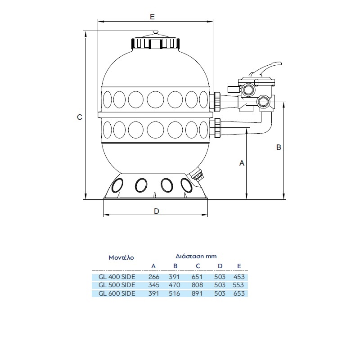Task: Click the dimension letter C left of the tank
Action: pos(79,117)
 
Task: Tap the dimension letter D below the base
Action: pos(156,211)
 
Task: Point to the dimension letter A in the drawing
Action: pos(242,163)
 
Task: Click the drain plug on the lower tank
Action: pos(198,175)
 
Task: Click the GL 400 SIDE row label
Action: pos(117,277)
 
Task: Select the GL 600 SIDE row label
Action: pos(117,293)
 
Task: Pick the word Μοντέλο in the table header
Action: pos(121,258)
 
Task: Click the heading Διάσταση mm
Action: pos(196,256)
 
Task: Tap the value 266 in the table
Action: pos(154,277)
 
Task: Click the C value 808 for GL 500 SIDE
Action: pos(198,285)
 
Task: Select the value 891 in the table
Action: pos(198,293)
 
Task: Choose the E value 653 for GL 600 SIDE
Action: pos(239,293)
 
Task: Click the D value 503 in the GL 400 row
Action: pos(219,277)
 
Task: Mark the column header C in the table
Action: pos(198,265)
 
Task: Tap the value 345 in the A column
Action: pos(154,285)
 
